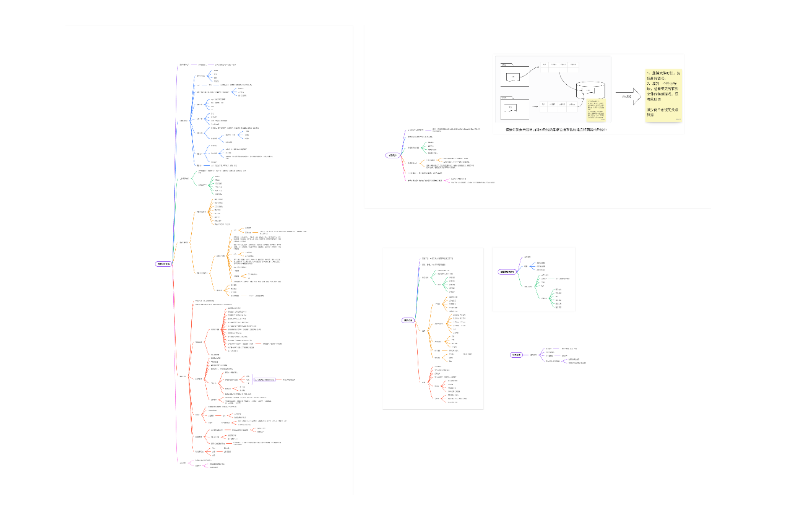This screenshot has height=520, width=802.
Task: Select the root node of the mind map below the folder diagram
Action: click(391, 155)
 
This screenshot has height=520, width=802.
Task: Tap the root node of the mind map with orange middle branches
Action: click(408, 320)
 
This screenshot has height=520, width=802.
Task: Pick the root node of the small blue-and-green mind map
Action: click(507, 272)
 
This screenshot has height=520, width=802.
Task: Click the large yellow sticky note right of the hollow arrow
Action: click(664, 96)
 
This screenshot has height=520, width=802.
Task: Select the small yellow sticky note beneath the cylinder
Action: click(597, 110)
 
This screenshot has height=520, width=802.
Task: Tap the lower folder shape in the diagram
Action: click(514, 108)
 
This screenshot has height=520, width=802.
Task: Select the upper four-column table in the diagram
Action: click(560, 64)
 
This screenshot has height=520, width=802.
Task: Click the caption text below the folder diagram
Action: click(556, 129)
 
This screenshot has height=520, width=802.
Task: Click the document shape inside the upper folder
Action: click(513, 77)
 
